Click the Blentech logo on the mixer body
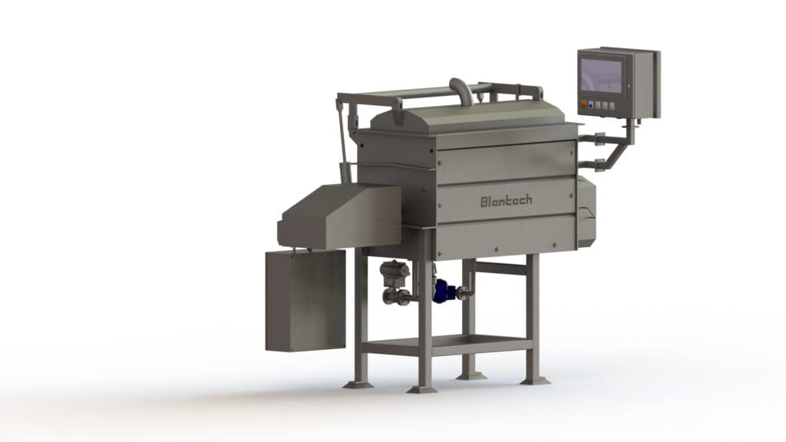coord(507,201)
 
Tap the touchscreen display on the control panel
coord(602,75)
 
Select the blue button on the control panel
coord(591,105)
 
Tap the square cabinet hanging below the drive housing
coord(305,300)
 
